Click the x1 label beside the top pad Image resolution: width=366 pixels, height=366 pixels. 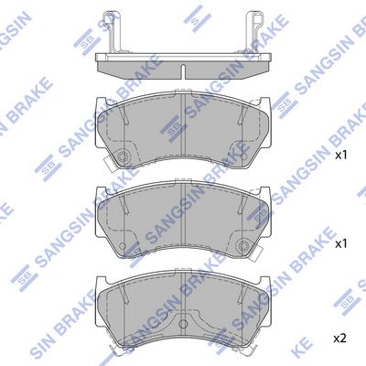pyautogui.click(x=341, y=156)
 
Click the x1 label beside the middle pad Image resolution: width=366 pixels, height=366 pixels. pyautogui.click(x=341, y=243)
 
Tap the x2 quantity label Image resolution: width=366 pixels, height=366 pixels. pyautogui.click(x=340, y=339)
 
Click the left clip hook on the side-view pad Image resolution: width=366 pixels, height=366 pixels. pyautogui.click(x=112, y=32)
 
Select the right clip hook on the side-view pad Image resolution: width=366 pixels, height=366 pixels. pyautogui.click(x=253, y=32)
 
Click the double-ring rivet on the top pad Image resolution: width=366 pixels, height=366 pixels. pyautogui.click(x=124, y=156)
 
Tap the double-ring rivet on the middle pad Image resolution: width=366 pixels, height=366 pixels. pyautogui.click(x=242, y=245)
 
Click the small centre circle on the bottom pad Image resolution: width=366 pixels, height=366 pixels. pyautogui.click(x=183, y=324)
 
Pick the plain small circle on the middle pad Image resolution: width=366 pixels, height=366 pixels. pyautogui.click(x=124, y=245)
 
